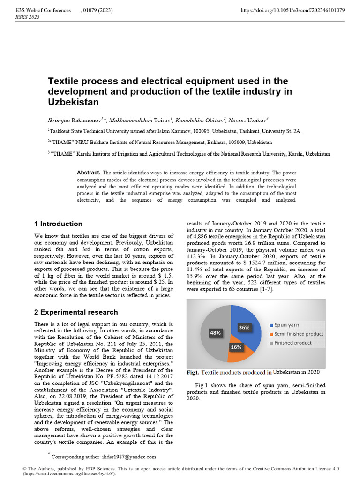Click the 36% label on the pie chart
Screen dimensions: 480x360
(x=244, y=328)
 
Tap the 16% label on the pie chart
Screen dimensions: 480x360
(x=236, y=347)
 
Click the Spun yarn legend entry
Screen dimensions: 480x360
(x=287, y=325)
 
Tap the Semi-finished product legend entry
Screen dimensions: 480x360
(x=299, y=334)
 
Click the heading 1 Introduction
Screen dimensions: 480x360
(x=59, y=224)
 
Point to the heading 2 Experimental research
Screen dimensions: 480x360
(x=76, y=312)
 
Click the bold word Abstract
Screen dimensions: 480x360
(x=88, y=173)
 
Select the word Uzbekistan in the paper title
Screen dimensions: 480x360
(x=73, y=102)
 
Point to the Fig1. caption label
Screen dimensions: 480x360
(x=193, y=373)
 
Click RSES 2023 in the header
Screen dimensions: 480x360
(x=28, y=17)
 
